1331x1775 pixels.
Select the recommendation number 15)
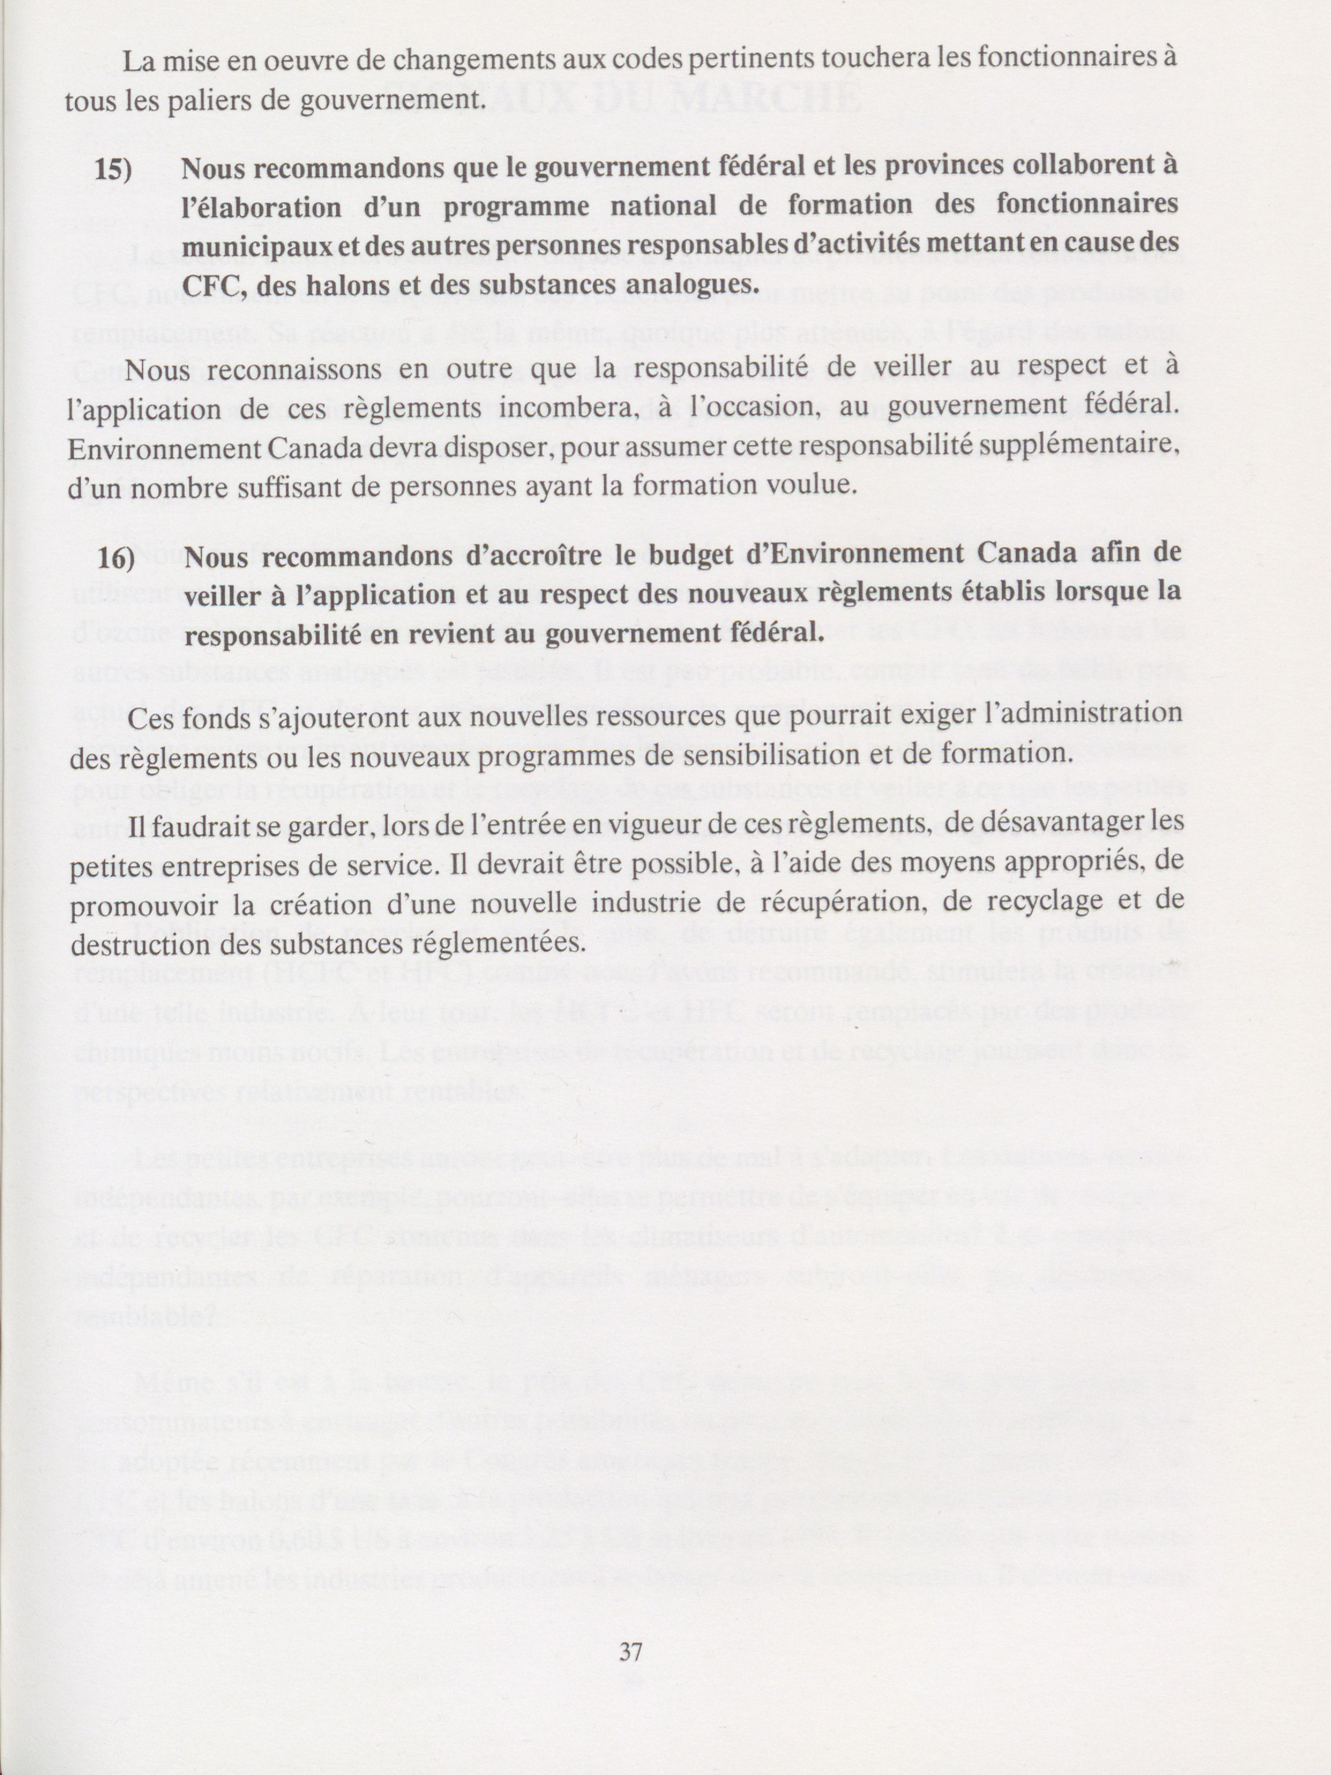[113, 168]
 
